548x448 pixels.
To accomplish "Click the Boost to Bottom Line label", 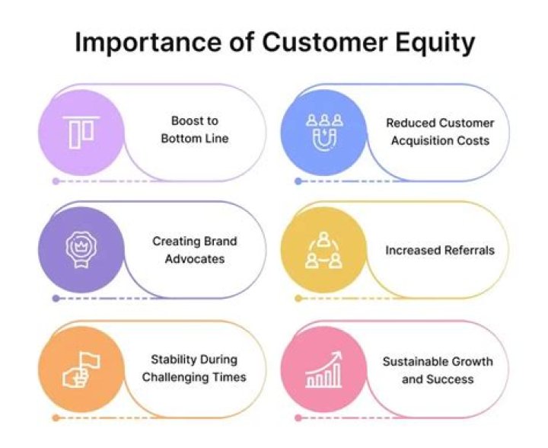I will coord(195,130).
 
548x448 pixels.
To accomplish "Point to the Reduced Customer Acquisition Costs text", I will coord(439,131).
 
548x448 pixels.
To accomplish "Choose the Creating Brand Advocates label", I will coord(195,250).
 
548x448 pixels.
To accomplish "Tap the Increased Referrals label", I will coord(439,250).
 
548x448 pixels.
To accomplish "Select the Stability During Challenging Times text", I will coord(195,368).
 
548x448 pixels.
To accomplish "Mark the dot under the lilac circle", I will coord(56,181).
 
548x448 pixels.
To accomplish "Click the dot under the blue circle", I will coord(298,181).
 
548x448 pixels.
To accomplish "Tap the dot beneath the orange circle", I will coord(56,418).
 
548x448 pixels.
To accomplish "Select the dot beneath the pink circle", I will coord(298,418).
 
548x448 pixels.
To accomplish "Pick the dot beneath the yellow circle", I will coord(298,299).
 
